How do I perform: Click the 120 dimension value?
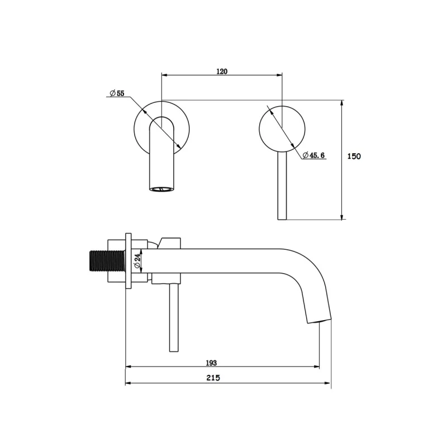coord(222,72)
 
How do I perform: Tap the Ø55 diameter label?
coord(117,93)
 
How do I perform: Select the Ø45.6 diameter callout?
coord(313,155)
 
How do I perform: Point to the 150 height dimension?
coord(354,156)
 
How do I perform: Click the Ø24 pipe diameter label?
coord(137,261)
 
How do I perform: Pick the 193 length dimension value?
coord(211,363)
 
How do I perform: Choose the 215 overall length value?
coord(213,378)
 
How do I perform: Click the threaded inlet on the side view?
coord(107,261)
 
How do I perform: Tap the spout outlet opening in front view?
coord(161,189)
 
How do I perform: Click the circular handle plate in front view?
coord(282,129)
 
